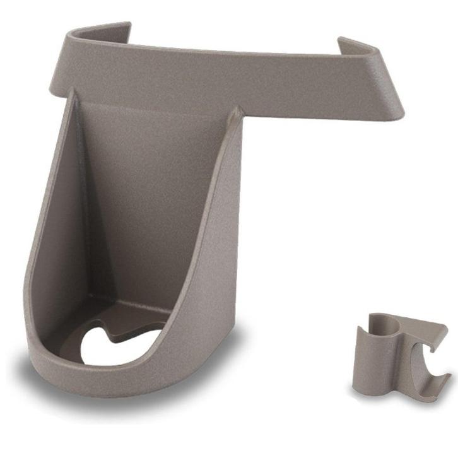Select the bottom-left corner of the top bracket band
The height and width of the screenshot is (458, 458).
pyautogui.click(x=52, y=90)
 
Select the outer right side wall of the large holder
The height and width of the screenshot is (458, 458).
pyautogui.click(x=218, y=252)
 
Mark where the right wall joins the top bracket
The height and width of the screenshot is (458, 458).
pyautogui.click(x=237, y=117)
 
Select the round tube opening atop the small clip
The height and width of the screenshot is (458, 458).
pyautogui.click(x=387, y=324)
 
